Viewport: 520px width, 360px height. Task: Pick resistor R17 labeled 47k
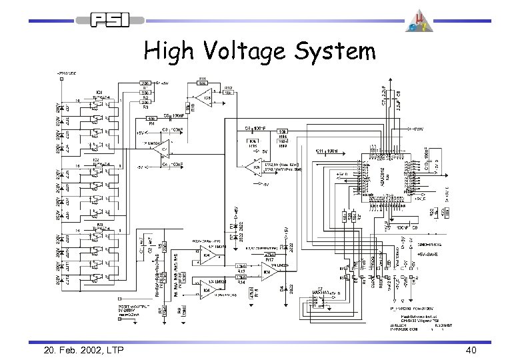269,254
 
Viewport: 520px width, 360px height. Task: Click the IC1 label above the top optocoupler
98,91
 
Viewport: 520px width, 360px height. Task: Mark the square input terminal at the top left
61,78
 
